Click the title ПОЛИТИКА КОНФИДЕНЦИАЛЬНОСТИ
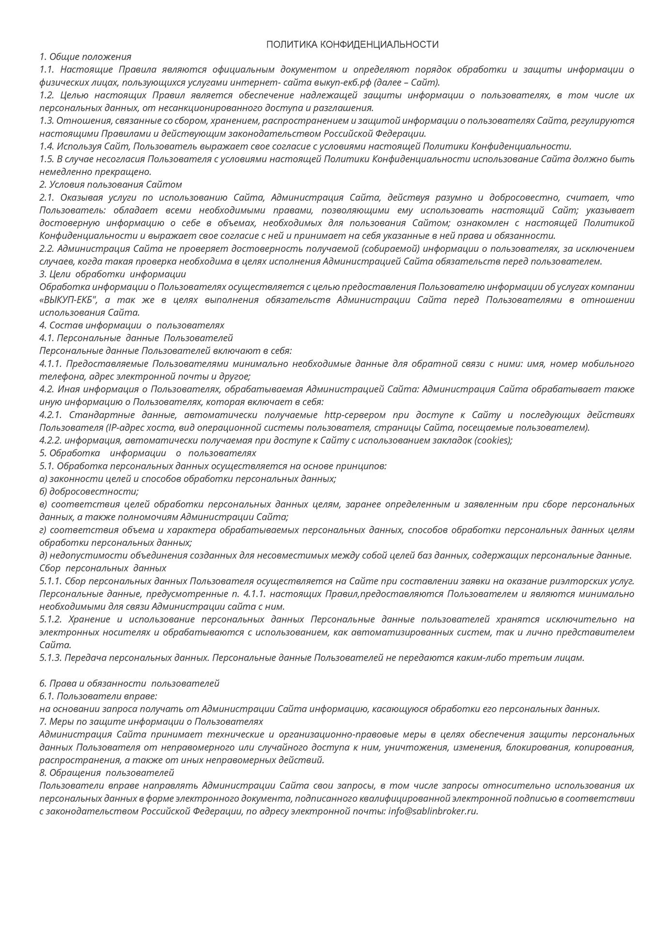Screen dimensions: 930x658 coord(352,45)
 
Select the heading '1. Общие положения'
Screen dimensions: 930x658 coord(85,57)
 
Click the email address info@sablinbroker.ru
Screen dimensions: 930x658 coord(433,811)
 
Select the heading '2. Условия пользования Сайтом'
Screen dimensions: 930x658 coord(110,185)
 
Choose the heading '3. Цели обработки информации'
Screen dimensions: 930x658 coord(112,274)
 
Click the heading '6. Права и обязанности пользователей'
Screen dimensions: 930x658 coord(129,683)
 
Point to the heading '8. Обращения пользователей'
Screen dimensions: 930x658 coord(107,773)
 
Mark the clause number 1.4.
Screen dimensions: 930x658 coord(47,146)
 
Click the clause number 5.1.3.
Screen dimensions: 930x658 coord(50,658)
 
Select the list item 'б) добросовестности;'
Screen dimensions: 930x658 coord(89,492)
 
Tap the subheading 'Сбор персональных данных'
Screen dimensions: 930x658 coord(103,568)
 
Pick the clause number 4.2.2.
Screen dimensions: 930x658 coord(50,440)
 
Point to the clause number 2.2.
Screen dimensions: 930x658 coord(47,249)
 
